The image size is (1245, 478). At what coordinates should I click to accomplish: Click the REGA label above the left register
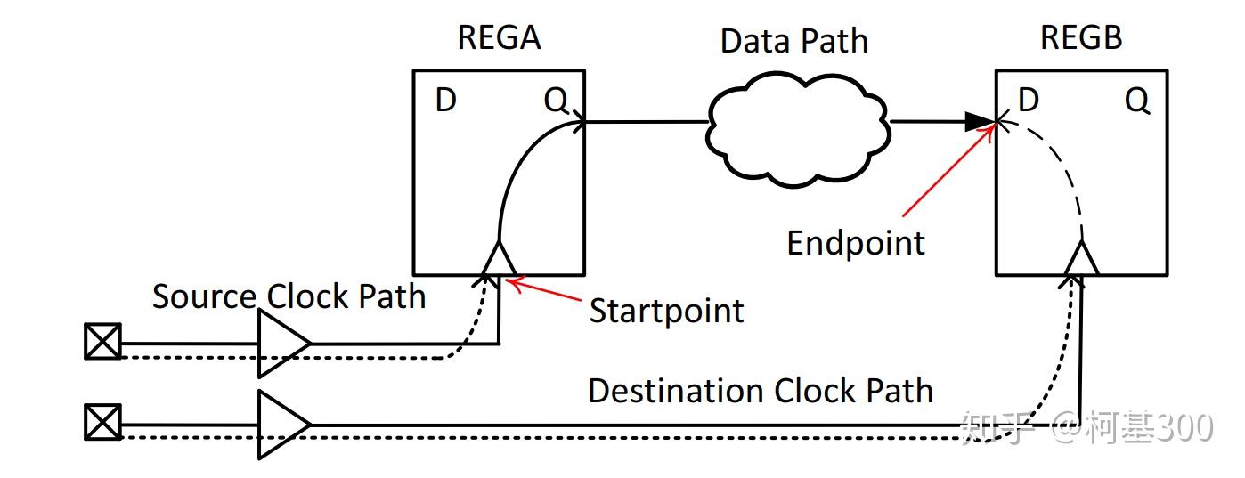point(499,37)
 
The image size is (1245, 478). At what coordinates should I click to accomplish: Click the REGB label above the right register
point(1080,37)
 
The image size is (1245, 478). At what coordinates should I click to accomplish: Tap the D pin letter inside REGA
point(446,101)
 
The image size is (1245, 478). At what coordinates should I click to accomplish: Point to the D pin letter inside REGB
point(1029,101)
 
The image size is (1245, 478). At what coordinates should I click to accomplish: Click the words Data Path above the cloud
point(793,41)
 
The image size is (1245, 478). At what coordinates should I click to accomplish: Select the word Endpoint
point(856,243)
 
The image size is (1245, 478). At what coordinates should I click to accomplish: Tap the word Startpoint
point(666,311)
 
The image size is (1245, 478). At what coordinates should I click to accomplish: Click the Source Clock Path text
point(289,296)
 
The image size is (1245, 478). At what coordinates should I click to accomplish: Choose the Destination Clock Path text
point(760,391)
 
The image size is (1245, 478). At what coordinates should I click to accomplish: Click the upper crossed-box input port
point(102,342)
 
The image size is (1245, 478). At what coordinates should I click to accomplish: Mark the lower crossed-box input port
point(102,423)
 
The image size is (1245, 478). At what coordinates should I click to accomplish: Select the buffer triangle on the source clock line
point(282,344)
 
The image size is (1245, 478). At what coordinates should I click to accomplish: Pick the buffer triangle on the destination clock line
point(282,425)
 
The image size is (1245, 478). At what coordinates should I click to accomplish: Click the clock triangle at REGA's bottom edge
point(499,259)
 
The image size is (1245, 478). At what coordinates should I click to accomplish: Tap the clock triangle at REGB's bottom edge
point(1082,259)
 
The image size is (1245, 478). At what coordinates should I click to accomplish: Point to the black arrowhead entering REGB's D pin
point(981,122)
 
